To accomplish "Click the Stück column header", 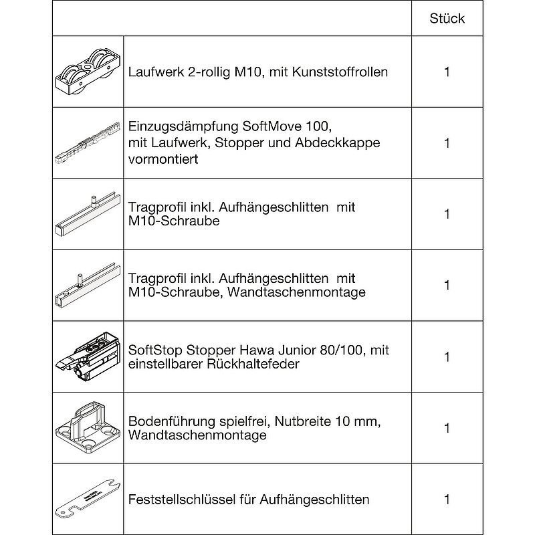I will coord(447,19).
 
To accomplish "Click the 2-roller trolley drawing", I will coord(88,72).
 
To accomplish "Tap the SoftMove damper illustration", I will coord(88,142).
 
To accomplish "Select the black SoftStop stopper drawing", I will coord(88,357).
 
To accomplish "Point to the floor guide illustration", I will coord(88,428).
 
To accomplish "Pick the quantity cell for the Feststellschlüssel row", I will coord(447,500).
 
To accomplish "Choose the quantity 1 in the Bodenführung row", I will coord(447,428).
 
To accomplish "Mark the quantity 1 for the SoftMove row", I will coord(447,143).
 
